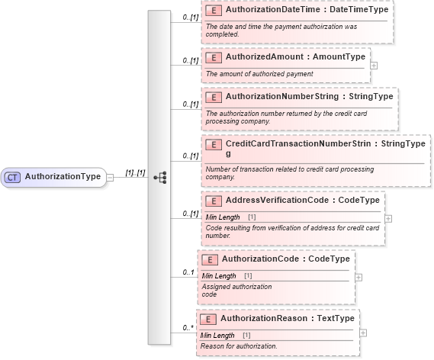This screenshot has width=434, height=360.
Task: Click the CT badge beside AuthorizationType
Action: (12, 177)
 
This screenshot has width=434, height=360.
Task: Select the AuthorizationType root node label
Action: (63, 177)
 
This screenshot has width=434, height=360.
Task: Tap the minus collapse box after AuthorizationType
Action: (111, 177)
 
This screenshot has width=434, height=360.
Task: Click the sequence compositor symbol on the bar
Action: (160, 177)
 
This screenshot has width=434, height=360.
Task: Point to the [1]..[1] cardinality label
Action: (134, 172)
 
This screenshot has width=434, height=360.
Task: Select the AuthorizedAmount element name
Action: (263, 57)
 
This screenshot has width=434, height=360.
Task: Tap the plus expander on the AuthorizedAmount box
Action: (374, 65)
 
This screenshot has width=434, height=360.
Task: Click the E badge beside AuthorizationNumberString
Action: (214, 97)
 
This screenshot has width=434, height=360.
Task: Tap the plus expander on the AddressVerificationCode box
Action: (389, 217)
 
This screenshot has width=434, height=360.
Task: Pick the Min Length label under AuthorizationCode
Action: (219, 275)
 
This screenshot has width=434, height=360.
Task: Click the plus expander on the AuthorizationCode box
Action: (358, 278)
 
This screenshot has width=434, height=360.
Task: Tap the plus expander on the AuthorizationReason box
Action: (362, 333)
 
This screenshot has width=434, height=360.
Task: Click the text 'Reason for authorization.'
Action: (238, 346)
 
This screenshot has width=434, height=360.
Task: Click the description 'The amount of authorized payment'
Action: (259, 73)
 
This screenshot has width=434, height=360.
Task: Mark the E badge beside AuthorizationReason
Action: (208, 319)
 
